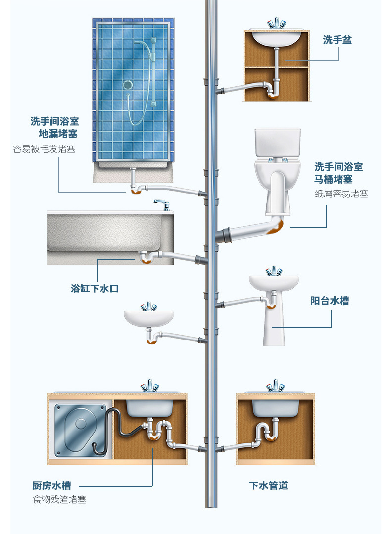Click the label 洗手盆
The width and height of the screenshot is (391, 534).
(337, 40)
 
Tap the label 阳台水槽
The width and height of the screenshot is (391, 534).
(330, 301)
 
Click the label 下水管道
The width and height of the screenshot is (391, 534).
(268, 485)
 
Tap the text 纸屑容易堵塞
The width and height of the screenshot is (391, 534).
(342, 194)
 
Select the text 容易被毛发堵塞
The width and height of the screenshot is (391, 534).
(44, 149)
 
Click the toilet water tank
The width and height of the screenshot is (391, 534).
(278, 143)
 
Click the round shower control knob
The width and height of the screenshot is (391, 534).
(128, 85)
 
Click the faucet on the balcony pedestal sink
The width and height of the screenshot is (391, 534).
(273, 271)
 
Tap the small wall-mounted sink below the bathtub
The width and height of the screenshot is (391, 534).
(148, 318)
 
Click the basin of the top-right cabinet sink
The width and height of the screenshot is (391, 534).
(276, 38)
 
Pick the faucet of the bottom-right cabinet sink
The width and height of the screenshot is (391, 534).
(275, 386)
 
